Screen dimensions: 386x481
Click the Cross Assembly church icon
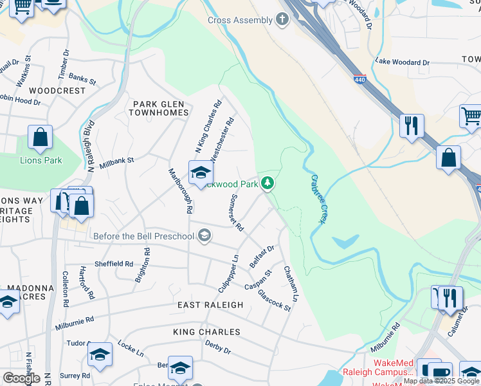pos(282,20)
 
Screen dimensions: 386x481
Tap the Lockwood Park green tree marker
pos(268,184)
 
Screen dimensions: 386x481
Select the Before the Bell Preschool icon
pos(204,236)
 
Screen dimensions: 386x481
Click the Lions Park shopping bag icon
pos(40,138)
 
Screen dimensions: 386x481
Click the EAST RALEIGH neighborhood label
pos(212,305)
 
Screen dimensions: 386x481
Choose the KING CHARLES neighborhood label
pos(206,332)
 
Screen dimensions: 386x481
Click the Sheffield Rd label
pos(114,264)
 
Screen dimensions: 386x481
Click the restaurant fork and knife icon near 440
pos(412,125)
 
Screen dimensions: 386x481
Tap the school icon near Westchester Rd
pos(201,172)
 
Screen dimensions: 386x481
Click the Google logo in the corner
pos(21,378)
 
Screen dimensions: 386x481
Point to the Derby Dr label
pos(218,348)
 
